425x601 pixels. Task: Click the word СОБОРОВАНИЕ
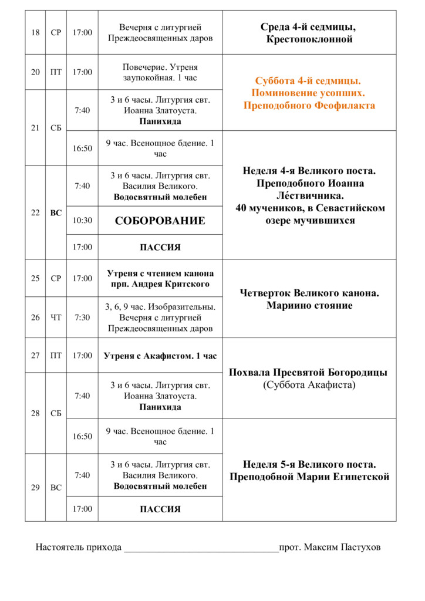point(160,221)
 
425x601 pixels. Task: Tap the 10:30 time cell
point(82,221)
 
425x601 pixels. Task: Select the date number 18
point(35,32)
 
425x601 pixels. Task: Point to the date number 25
point(35,278)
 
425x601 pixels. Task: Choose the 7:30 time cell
point(82,318)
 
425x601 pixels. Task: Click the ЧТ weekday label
point(56,318)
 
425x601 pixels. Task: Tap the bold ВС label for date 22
point(56,213)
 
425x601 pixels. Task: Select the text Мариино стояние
point(309,305)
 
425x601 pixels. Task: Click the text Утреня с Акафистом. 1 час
point(160,356)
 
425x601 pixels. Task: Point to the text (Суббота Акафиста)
point(309,385)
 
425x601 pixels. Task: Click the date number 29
point(35,487)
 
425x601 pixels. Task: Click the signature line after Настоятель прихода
point(200,549)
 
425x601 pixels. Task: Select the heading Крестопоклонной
point(309,40)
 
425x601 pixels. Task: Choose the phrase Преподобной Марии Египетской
point(309,477)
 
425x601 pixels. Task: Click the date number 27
point(35,355)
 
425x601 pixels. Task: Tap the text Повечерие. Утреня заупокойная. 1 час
point(160,72)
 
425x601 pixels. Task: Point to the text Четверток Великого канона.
point(309,293)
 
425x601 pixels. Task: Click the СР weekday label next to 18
point(56,32)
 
